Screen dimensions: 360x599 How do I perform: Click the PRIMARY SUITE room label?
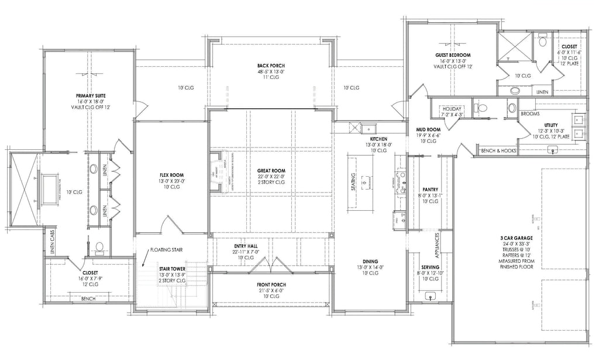[x=90, y=95]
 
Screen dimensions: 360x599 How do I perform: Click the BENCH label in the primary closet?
[x=88, y=299]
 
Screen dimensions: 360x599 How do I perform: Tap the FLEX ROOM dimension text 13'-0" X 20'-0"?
[x=172, y=181]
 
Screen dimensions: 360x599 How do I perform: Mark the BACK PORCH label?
[x=270, y=66]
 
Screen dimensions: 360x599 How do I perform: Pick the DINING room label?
[x=370, y=262]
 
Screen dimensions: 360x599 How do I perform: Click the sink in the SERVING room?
[x=431, y=296]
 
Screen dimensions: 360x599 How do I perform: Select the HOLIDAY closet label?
[x=453, y=109]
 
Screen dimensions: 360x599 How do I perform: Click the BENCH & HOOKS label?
[x=497, y=151]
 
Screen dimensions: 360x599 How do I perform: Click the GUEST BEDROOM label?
[x=453, y=55]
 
